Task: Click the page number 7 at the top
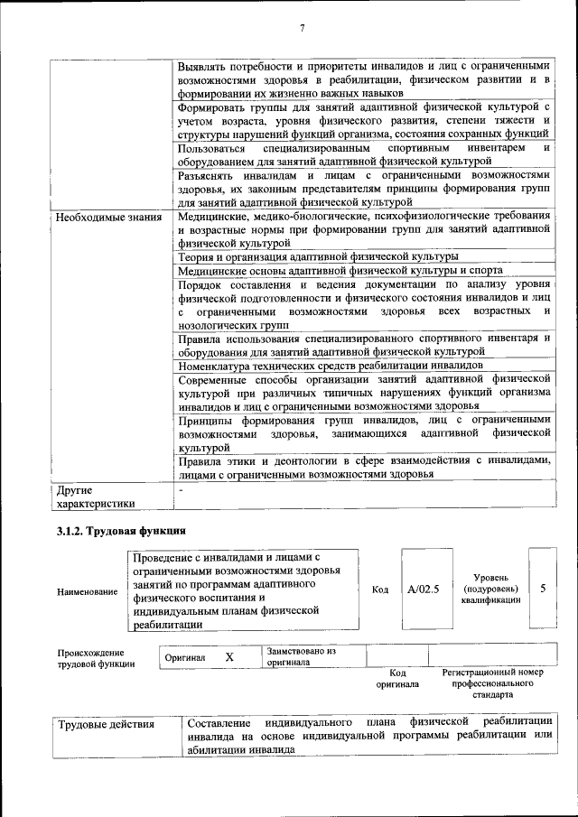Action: (302, 29)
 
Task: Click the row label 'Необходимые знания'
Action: (108, 217)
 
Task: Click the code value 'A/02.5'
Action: (423, 589)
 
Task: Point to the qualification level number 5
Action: (542, 589)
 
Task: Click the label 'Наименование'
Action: (87, 591)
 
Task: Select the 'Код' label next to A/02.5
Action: (380, 590)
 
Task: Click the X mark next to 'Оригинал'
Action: (229, 657)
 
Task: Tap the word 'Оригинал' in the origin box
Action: (185, 658)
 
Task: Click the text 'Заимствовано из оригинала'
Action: (302, 656)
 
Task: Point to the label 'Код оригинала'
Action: (397, 678)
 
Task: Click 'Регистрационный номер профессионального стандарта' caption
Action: (492, 683)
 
